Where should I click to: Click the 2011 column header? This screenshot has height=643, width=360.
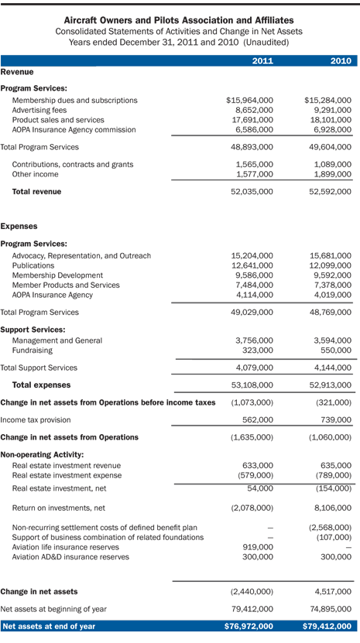[x=262, y=61]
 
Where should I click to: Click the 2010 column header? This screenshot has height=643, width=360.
[x=341, y=61]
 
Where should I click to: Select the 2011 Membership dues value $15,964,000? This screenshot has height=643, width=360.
[x=249, y=101]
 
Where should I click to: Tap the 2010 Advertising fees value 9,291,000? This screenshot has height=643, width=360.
[x=331, y=110]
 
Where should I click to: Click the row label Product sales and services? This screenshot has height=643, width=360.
[x=58, y=120]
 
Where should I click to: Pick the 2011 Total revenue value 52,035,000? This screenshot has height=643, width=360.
[x=252, y=191]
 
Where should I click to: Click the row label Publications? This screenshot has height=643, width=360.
[x=34, y=265]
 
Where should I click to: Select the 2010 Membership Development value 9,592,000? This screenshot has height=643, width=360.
[x=331, y=275]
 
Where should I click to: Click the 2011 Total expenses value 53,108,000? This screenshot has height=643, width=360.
[x=252, y=385]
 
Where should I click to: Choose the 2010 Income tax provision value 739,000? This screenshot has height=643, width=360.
[x=335, y=419]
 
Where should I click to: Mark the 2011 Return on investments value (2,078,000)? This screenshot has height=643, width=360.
[x=252, y=508]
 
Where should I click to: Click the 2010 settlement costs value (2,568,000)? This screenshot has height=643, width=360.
[x=329, y=528]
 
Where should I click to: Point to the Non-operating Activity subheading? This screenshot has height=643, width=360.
[x=42, y=455]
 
